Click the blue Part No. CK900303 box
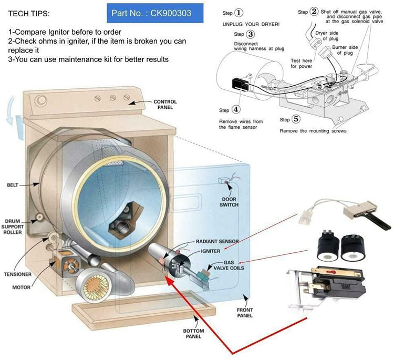click(155, 12)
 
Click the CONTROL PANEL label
click(165, 104)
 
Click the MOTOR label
click(22, 287)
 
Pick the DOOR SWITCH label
click(229, 201)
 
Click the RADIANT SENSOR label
click(217, 242)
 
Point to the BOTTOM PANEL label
click(193, 334)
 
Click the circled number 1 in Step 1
click(239, 13)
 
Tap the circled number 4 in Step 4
click(236, 110)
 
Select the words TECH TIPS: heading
click(28, 12)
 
